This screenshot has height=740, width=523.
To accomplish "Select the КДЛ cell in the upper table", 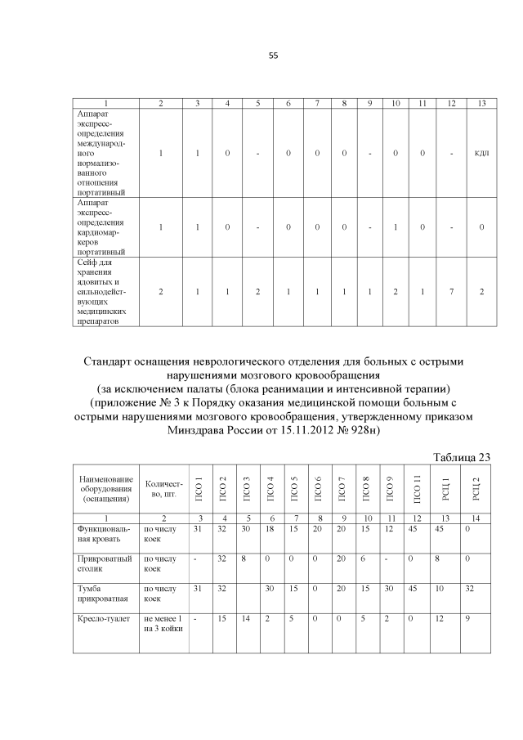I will [x=482, y=152].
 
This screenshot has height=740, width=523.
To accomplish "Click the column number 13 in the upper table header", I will [x=482, y=103].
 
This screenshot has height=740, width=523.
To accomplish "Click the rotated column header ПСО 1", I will [x=197, y=490].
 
